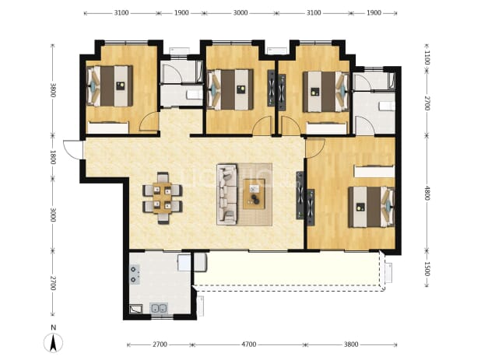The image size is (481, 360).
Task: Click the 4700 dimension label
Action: click(248, 344)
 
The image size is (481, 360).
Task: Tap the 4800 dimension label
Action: click(427, 193)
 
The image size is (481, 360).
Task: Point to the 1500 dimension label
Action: click(427, 269)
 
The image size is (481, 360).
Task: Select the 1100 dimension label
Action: click(427, 58)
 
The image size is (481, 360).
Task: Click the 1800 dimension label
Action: click(53, 157)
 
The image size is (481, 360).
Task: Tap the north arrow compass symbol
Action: click(53, 343)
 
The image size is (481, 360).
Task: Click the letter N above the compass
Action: click(54, 327)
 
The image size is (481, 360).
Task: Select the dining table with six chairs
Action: click(163, 198)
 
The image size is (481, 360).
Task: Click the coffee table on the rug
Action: click(254, 194)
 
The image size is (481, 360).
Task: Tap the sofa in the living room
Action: click(227, 194)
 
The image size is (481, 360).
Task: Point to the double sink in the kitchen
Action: click(159, 308)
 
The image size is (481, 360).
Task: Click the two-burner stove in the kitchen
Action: click(135, 274)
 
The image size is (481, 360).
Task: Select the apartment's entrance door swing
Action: click(73, 149)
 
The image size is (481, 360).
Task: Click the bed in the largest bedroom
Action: click(371, 207)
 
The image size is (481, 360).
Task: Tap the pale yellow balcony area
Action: click(288, 269)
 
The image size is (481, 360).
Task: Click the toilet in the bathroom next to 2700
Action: click(387, 107)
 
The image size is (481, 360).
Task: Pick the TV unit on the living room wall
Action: click(300, 195)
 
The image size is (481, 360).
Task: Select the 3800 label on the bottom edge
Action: click(350, 344)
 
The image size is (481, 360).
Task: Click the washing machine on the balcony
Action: click(200, 262)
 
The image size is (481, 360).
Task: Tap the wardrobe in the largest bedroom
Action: click(374, 171)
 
